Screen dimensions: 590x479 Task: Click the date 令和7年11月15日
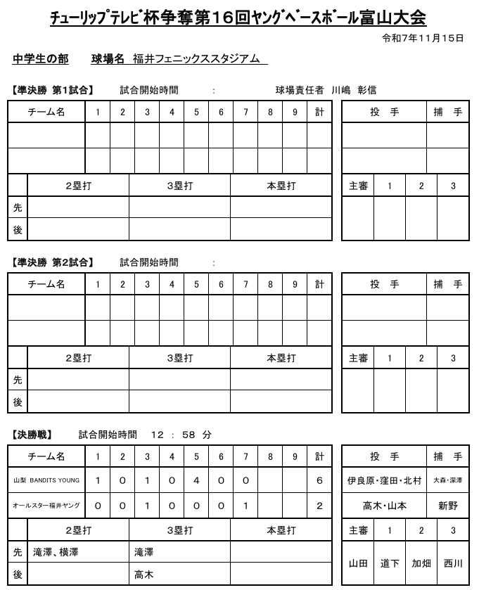coord(422,38)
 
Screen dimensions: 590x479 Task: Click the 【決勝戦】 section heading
coord(32,435)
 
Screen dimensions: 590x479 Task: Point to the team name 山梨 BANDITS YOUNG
coord(46,480)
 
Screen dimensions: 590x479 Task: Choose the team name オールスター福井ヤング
coord(46,506)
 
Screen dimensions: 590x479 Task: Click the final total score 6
coord(319,480)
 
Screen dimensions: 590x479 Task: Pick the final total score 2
coord(319,506)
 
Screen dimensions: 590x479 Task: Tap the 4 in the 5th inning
coord(196,480)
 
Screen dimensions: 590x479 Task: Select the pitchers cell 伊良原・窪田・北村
coord(384,481)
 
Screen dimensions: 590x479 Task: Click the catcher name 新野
coord(447,506)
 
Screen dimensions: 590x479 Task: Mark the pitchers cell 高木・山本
coord(384,506)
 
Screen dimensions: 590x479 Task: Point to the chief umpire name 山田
coord(357,564)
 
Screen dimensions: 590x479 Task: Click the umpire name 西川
coord(453,564)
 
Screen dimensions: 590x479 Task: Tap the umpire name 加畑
coord(421,564)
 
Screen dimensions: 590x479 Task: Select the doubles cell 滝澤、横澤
coord(56,553)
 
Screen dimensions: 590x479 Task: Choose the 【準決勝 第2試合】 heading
coord(53,262)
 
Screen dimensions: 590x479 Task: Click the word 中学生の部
coord(41,59)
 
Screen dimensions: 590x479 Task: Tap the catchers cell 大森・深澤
coord(447,481)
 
